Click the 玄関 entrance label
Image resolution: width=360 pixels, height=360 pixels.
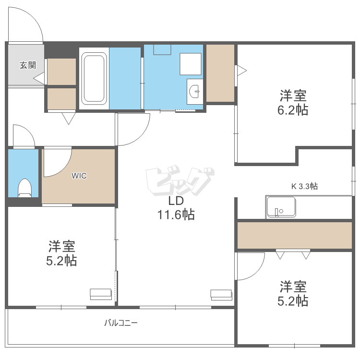point(27,65)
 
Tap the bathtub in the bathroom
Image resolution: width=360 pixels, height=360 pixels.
point(94,78)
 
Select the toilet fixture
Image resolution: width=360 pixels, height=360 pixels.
point(24,187)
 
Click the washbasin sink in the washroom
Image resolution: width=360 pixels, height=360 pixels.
point(195,90)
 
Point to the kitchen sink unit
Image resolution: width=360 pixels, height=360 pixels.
point(281,207)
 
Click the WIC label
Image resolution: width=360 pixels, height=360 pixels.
point(79,176)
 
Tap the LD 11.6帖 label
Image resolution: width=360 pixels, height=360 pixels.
point(176,207)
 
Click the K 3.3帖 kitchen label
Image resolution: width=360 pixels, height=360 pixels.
point(304,186)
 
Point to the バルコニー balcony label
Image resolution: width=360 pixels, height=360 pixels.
point(121,323)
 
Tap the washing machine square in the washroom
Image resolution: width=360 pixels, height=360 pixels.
point(191,64)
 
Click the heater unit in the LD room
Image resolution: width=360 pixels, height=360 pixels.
point(221,294)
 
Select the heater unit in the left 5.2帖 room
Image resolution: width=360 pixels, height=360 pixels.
point(101,294)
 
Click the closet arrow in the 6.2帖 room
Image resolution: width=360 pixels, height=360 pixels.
point(241,71)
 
